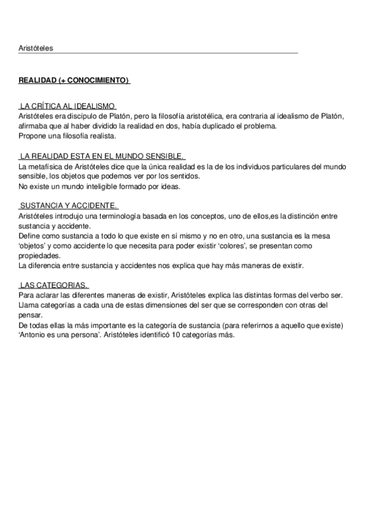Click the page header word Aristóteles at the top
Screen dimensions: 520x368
36,48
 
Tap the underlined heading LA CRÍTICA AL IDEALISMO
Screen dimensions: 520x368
67,107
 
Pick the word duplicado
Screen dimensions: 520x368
221,126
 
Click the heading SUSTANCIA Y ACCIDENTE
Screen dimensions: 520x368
68,207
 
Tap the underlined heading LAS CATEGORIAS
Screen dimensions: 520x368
54,285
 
